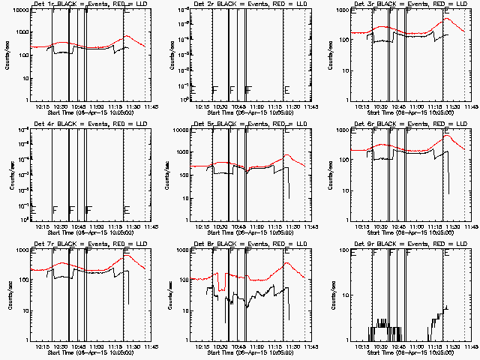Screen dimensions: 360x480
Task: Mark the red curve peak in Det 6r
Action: pos(448,136)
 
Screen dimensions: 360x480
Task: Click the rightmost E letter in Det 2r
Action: pos(287,90)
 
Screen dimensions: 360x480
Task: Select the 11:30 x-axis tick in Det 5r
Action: pos(287,226)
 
